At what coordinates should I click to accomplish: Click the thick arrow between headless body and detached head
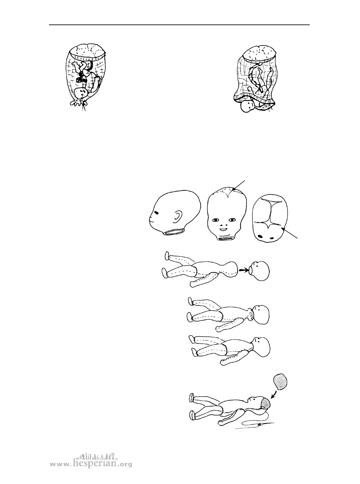(243, 270)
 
